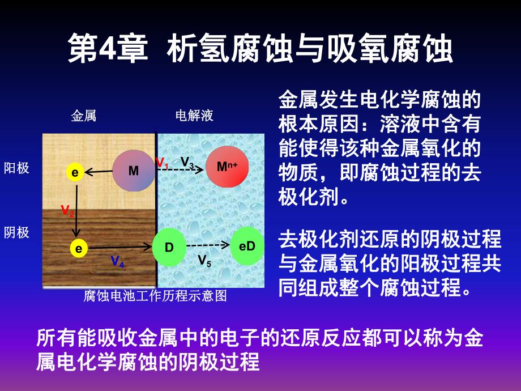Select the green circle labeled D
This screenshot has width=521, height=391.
[169, 247]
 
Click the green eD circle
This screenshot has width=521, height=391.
[247, 246]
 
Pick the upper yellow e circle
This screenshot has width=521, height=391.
[74, 172]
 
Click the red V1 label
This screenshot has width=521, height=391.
[162, 163]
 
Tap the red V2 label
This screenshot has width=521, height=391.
[67, 211]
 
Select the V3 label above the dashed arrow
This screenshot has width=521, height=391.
[187, 161]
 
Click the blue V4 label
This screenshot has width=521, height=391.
[118, 261]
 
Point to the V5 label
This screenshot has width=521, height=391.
[204, 260]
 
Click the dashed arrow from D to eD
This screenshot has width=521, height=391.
[208, 246]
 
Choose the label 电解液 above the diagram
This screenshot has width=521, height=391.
[194, 116]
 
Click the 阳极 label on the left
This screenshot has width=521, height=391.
[16, 168]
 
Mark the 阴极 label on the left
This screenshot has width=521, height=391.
[16, 232]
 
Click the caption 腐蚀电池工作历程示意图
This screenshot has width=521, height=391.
[155, 296]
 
